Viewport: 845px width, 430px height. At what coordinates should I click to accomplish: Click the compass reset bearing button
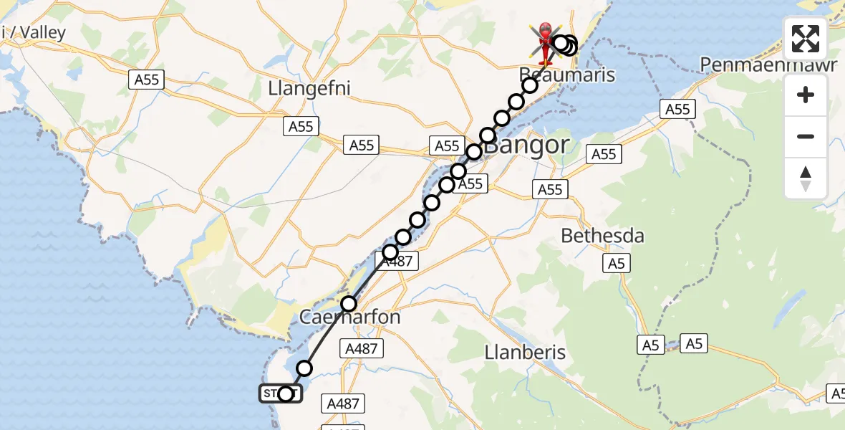pyautogui.click(x=806, y=178)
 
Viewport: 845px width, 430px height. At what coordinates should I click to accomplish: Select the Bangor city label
pyautogui.click(x=528, y=145)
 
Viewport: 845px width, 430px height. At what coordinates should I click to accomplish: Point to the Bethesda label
pyautogui.click(x=602, y=235)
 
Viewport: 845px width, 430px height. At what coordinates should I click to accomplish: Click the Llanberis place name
pyautogui.click(x=525, y=352)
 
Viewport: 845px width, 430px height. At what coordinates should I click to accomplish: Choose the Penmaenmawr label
pyautogui.click(x=768, y=64)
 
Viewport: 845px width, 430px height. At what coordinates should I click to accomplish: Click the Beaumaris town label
pyautogui.click(x=568, y=75)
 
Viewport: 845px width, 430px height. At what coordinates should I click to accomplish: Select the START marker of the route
pyautogui.click(x=281, y=393)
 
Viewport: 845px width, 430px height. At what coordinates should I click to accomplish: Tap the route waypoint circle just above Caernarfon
pyautogui.click(x=349, y=303)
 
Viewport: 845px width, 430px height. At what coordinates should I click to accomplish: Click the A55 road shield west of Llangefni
pyautogui.click(x=147, y=80)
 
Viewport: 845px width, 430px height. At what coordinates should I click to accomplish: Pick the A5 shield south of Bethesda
pyautogui.click(x=617, y=263)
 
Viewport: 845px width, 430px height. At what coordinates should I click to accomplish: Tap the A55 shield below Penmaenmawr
pyautogui.click(x=677, y=109)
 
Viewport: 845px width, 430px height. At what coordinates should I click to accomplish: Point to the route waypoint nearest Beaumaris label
pyautogui.click(x=530, y=85)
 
